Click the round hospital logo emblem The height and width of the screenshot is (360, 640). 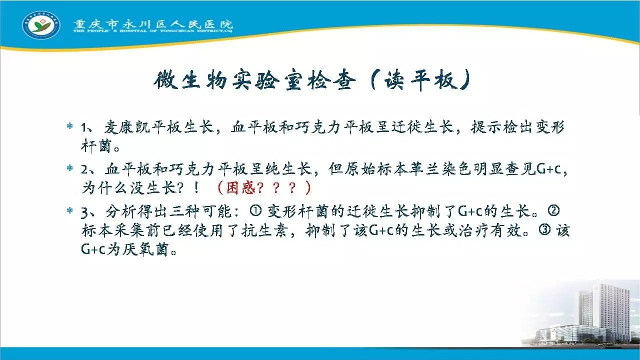coord(41,25)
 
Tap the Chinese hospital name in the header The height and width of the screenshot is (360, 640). coord(153,23)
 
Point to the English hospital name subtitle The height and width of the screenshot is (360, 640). coord(153,31)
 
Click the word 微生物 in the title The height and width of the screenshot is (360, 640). coord(190,79)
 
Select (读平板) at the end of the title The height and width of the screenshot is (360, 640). coord(420,79)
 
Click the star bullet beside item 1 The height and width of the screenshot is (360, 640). coord(69,125)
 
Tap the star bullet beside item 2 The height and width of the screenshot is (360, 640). coord(69,167)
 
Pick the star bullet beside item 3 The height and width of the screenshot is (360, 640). coord(69,210)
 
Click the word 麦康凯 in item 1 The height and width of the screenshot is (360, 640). coord(127,126)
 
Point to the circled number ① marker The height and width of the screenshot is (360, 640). coord(255,211)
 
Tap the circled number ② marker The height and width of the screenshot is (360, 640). coord(553,211)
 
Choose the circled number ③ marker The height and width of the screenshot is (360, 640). coord(544,230)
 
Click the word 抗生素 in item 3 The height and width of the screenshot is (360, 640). coord(264,230)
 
